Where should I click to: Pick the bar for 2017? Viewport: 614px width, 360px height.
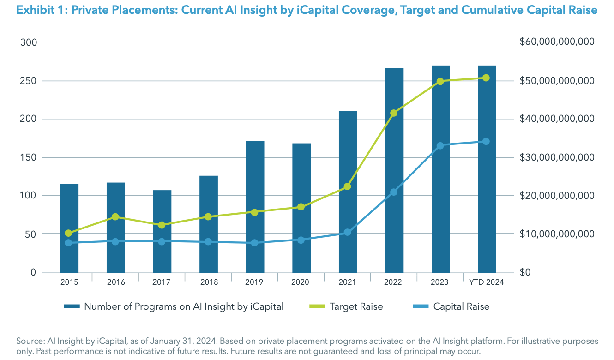coord(162,231)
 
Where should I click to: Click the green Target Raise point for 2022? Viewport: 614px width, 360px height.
coord(394,113)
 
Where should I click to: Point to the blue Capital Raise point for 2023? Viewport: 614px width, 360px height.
coord(440,146)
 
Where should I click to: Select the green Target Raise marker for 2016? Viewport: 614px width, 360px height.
coord(115,217)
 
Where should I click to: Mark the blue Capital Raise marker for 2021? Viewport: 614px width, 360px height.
coord(348,232)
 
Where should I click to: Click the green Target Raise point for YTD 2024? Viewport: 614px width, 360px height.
coord(487,78)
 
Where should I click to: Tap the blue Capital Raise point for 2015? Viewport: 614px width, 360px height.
coord(69,243)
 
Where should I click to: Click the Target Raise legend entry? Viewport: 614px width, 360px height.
coord(356,306)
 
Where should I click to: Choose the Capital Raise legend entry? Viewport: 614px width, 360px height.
coord(461,306)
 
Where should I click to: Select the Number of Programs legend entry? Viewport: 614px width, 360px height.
coord(183,306)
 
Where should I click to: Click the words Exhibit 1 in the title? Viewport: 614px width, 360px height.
coord(38,10)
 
